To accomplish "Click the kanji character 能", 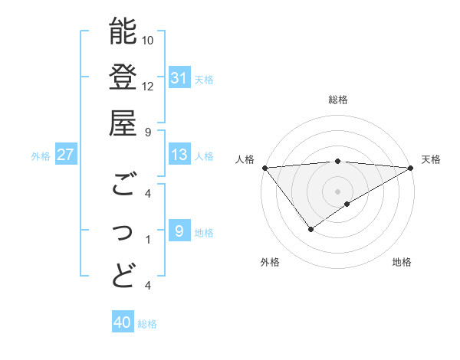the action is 123,32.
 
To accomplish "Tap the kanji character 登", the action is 123,77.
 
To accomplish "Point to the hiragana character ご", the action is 123,184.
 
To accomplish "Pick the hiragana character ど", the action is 123,274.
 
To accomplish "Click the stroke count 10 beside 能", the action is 149,40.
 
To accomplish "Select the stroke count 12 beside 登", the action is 149,86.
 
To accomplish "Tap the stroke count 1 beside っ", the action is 148,240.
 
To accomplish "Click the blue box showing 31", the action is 179,78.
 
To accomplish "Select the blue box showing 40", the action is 123,323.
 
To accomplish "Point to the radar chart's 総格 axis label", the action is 338,100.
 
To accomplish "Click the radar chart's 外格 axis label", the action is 270,262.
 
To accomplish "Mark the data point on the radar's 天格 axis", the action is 411,168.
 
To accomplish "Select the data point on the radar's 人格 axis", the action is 264,167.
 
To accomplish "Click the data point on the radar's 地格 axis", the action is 347,204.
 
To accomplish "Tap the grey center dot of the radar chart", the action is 337,191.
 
